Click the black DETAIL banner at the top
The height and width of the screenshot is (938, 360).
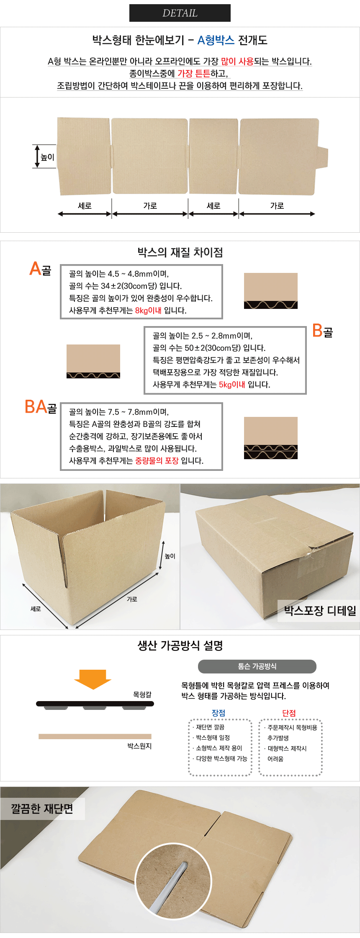180,13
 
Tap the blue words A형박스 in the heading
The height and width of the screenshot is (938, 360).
216,40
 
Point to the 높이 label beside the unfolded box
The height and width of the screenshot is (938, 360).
47,157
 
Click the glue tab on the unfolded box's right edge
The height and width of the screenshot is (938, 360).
321,157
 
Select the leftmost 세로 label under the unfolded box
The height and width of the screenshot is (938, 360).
85,206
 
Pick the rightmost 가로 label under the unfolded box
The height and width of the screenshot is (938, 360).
277,206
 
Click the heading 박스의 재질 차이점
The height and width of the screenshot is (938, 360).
180,252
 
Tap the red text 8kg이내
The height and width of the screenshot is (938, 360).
148,311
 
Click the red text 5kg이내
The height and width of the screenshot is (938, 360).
232,385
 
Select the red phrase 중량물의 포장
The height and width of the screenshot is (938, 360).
157,461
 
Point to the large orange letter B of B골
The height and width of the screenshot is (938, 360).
317,331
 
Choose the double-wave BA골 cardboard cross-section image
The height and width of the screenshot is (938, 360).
271,438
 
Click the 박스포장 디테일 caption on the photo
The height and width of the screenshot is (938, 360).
320,611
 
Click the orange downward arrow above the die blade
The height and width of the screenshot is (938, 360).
93,679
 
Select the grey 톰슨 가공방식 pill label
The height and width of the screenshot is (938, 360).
257,666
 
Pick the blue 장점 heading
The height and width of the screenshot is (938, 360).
219,713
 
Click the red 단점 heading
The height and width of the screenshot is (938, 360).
289,713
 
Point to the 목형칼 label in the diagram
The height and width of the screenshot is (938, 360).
142,694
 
